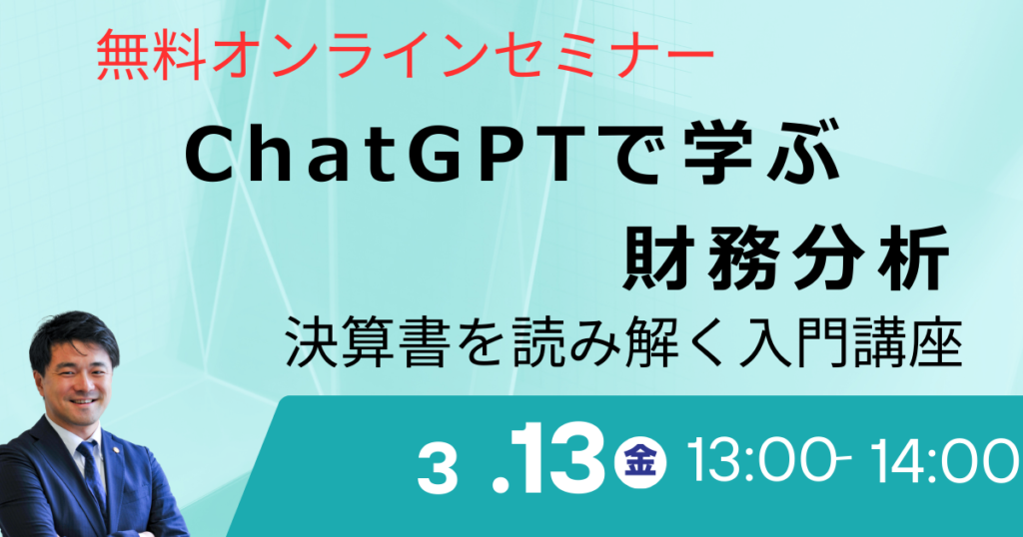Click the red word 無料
click(x=150, y=59)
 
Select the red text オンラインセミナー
click(x=461, y=59)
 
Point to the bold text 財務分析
click(x=785, y=259)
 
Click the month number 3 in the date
click(x=438, y=470)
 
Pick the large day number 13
click(x=552, y=459)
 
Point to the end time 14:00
click(x=946, y=461)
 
